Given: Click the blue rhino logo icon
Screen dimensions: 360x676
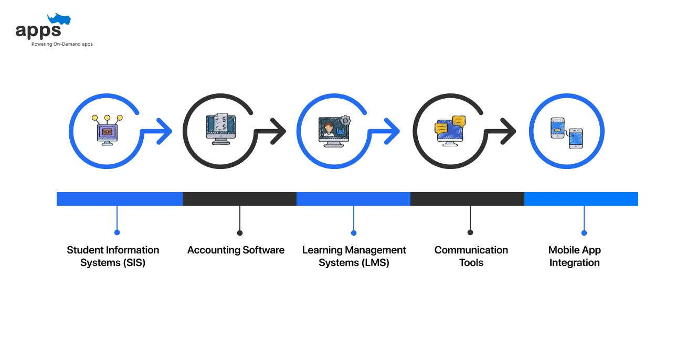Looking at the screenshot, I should (x=59, y=20).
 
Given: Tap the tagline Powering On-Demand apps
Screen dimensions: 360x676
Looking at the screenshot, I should (x=62, y=44).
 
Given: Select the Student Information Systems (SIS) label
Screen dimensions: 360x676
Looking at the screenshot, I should (x=113, y=256).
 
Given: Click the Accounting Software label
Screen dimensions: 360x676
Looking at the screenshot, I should (x=236, y=250).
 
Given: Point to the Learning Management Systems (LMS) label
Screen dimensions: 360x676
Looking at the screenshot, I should (x=354, y=256).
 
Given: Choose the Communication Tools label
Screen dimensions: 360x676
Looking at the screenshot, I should (x=471, y=256).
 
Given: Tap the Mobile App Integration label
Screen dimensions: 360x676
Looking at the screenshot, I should (x=574, y=256).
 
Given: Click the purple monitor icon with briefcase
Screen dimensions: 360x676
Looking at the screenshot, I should (x=107, y=131).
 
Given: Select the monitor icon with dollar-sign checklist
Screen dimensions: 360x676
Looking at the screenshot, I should (x=220, y=129).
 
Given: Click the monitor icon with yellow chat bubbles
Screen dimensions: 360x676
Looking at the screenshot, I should (x=450, y=131).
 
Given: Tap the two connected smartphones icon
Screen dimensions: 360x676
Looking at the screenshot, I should (x=566, y=132).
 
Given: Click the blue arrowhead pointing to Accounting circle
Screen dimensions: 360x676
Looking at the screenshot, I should (x=165, y=131).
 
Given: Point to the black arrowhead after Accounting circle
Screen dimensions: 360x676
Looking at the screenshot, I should (x=278, y=131).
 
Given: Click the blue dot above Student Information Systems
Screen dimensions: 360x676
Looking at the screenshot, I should (x=117, y=232).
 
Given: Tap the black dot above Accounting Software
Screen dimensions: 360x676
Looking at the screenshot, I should (x=240, y=232).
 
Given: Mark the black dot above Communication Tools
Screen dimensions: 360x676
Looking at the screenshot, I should (x=470, y=232).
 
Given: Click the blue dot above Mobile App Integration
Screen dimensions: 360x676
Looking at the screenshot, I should (x=584, y=232).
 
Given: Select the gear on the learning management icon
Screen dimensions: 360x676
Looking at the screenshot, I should (x=345, y=120).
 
